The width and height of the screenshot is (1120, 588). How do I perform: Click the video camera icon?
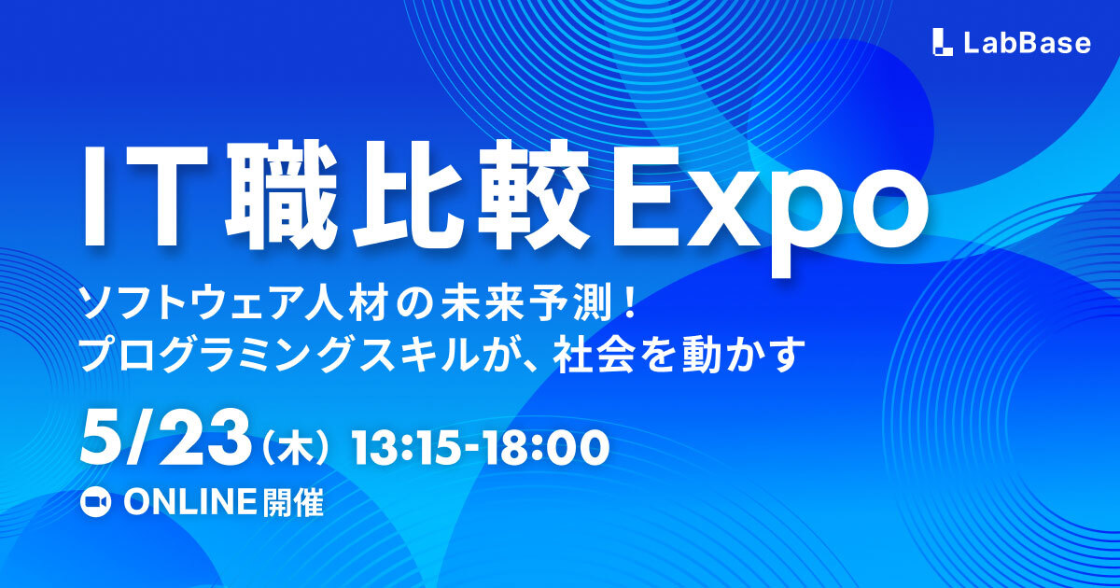(x=95, y=503)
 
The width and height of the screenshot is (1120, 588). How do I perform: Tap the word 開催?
(x=293, y=503)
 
